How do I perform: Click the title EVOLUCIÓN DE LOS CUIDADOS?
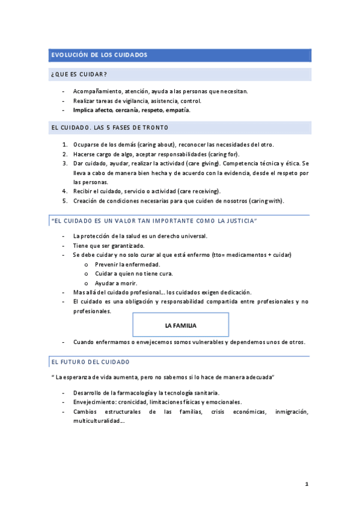[100, 55]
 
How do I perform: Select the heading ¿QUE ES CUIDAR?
[80, 75]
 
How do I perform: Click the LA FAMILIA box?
[180, 325]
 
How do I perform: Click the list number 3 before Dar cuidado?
[65, 163]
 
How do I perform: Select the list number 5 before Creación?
[65, 200]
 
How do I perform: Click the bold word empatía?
[178, 110]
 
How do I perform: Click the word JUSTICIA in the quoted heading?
[239, 222]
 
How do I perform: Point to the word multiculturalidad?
[99, 421]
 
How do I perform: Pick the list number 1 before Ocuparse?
[65, 145]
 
